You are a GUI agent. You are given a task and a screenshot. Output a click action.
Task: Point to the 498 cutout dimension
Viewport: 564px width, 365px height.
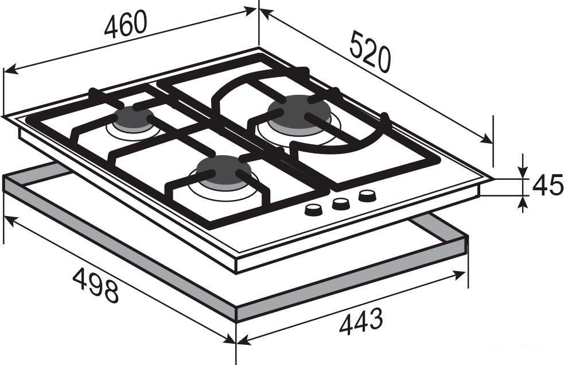point(96,285)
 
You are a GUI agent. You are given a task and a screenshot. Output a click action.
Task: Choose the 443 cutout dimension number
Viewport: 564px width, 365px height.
point(361,321)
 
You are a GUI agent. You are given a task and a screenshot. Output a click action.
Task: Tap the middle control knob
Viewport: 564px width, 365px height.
point(341,204)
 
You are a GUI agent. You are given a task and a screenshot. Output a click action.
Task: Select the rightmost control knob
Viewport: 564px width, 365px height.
point(367,197)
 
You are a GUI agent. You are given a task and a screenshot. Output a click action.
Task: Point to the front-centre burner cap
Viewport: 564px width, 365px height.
point(223,171)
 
